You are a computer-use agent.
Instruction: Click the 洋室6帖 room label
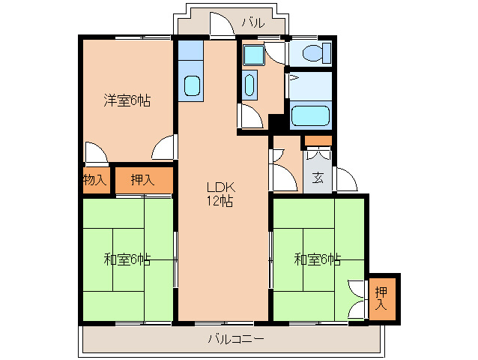pyautogui.click(x=127, y=100)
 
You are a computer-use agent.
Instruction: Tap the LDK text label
pyautogui.click(x=222, y=187)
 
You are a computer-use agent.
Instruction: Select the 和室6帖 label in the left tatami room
pyautogui.click(x=127, y=259)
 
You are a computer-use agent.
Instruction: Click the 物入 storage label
pyautogui.click(x=94, y=180)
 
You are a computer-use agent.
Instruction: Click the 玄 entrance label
pyautogui.click(x=318, y=178)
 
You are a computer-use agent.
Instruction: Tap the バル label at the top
pyautogui.click(x=252, y=23)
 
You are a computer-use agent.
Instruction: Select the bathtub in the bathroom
pyautogui.click(x=311, y=116)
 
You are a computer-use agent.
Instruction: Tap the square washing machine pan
pyautogui.click(x=252, y=53)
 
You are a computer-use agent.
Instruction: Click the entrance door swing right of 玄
pyautogui.click(x=345, y=180)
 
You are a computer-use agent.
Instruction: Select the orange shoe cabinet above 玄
pyautogui.click(x=318, y=140)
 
